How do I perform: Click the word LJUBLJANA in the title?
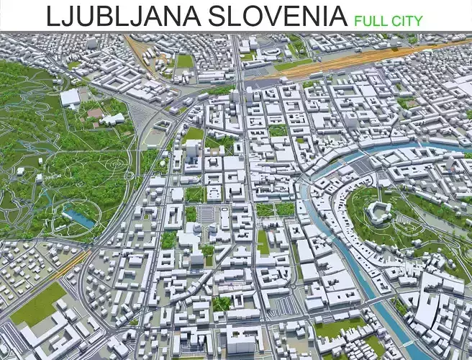(x=119, y=16)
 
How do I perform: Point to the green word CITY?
(x=407, y=20)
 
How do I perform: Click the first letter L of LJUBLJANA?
(x=52, y=16)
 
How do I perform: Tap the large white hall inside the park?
(x=70, y=97)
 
